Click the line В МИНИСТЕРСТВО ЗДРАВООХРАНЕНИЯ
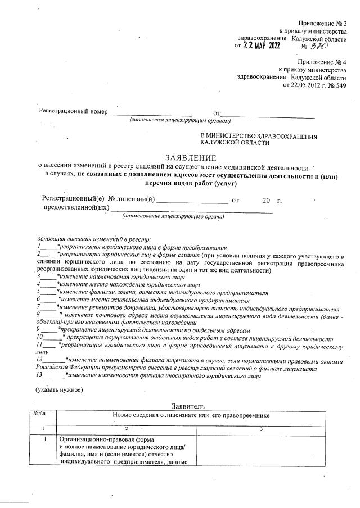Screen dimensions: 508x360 [259, 136]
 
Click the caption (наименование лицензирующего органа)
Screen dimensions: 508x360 [171, 216]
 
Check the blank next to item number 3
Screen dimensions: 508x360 [48, 276]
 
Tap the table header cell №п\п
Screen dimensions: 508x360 [39, 415]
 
